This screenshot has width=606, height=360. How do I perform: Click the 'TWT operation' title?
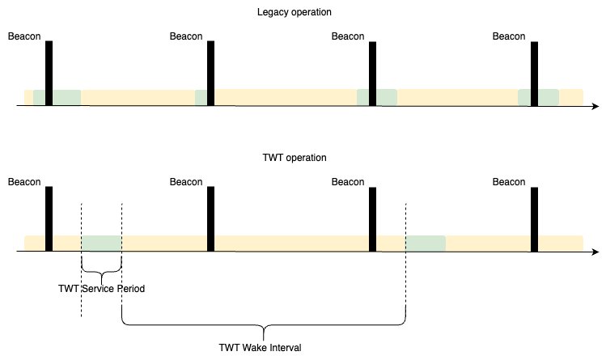click(x=295, y=158)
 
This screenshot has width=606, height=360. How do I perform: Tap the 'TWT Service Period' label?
click(x=102, y=288)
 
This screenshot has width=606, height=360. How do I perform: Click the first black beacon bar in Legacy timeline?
click(x=49, y=73)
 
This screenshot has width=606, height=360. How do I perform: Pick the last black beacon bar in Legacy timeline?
click(x=534, y=73)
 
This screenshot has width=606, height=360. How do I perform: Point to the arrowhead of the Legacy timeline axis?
click(x=595, y=106)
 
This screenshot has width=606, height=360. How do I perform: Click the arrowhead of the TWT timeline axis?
click(x=595, y=252)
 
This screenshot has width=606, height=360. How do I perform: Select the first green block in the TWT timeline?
click(x=102, y=243)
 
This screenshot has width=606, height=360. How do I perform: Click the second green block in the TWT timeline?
click(x=426, y=243)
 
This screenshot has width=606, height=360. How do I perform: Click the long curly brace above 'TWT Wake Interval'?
click(x=264, y=328)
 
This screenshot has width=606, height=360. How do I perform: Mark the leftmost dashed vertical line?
click(x=82, y=259)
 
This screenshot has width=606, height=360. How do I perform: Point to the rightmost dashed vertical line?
click(x=405, y=259)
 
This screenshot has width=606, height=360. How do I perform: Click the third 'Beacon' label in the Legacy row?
click(x=348, y=36)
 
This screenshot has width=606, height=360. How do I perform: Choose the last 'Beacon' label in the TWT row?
click(x=509, y=182)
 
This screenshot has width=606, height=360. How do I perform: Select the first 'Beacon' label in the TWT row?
click(x=24, y=182)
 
